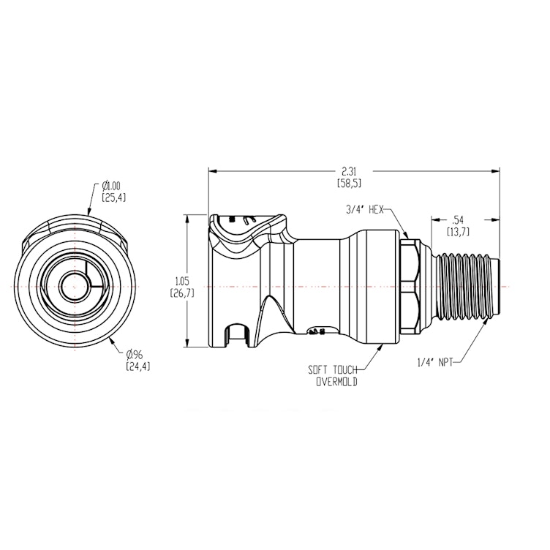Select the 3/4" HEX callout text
[365, 209]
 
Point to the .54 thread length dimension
[459, 219]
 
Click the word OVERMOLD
[336, 382]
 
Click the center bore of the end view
[72, 285]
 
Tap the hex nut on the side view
[410, 285]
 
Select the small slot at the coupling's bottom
[236, 336]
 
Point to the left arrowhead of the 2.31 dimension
[213, 172]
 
